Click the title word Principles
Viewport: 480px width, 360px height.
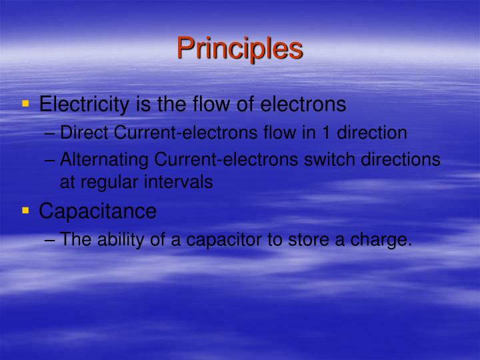point(240,49)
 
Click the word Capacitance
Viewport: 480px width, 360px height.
point(98,211)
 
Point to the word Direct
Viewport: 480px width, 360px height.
point(85,133)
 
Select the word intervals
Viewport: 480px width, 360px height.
point(182,182)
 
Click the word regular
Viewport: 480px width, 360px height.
point(114,182)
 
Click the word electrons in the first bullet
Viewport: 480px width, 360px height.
point(303,104)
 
